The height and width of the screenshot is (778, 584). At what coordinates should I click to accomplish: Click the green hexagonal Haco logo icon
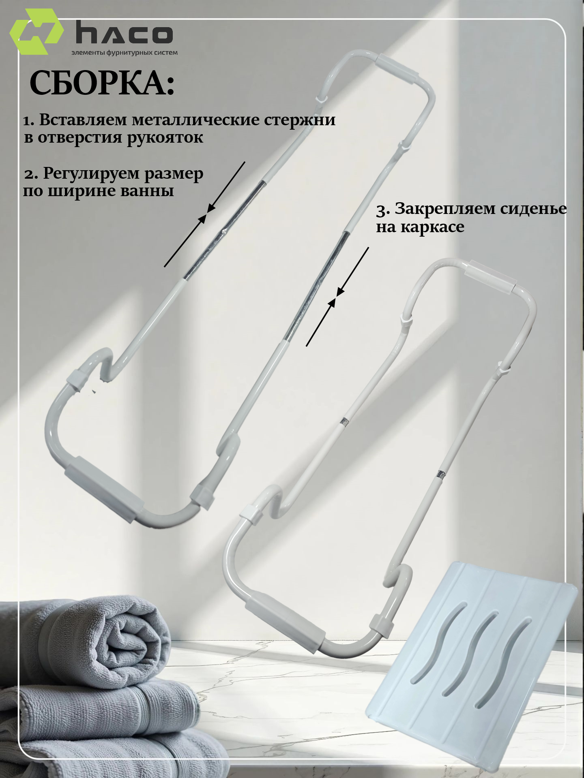[36, 32]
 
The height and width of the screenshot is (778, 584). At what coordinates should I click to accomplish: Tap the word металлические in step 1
[196, 120]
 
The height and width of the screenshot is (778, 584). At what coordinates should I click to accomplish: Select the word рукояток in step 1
[165, 138]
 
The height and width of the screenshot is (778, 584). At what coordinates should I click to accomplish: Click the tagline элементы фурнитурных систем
[125, 53]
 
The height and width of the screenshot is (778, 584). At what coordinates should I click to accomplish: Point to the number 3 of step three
[382, 210]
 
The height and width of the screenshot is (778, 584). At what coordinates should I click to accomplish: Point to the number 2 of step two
[31, 175]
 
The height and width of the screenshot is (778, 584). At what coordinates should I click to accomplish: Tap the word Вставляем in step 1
[84, 120]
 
